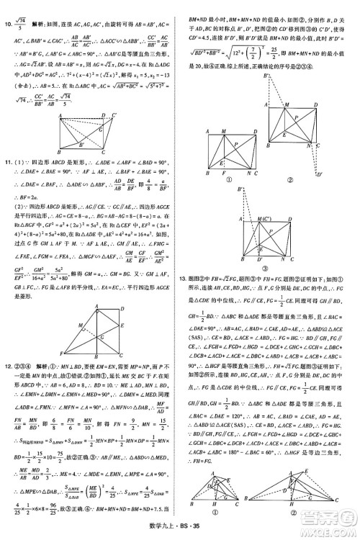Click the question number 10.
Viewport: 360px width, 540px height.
tap(9, 6)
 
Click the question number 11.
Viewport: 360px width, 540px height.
tap(9, 164)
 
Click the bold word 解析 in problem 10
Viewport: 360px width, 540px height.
tap(41, 6)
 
